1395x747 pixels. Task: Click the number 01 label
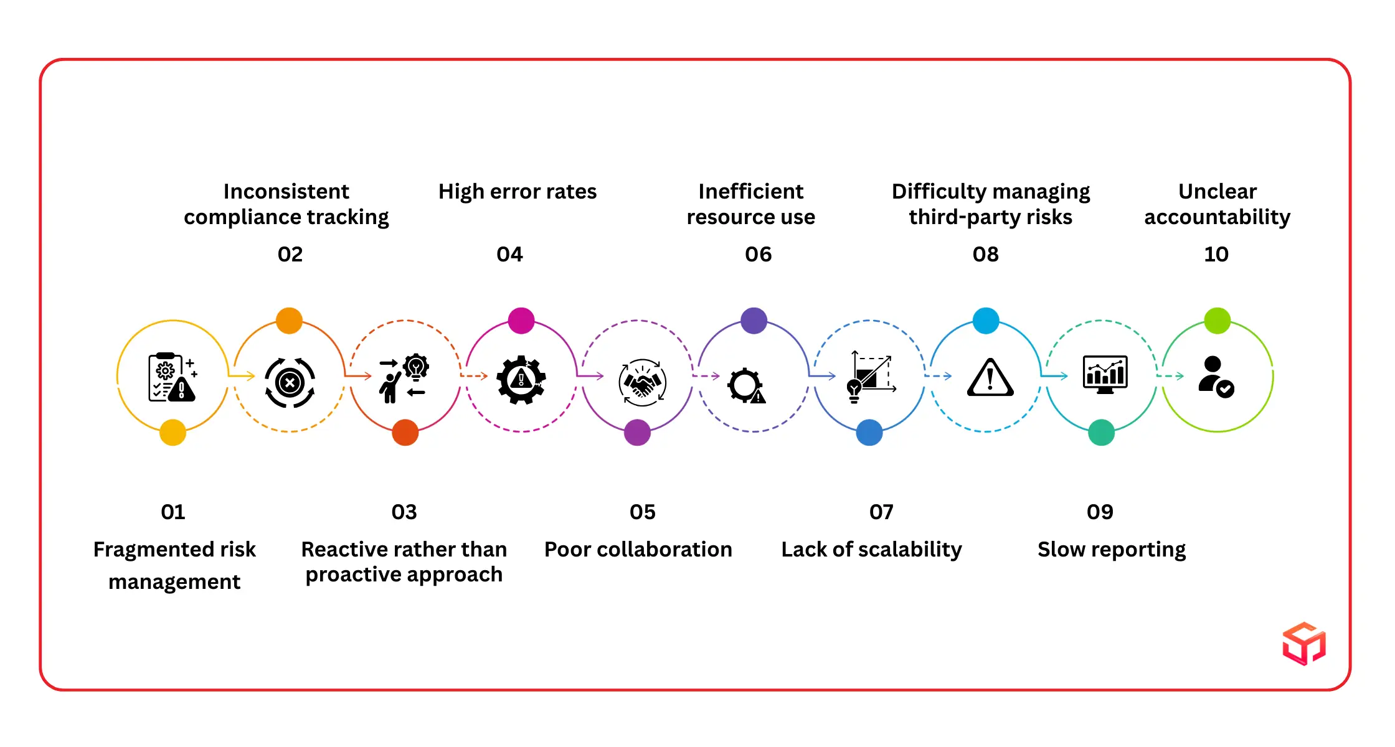[x=173, y=512]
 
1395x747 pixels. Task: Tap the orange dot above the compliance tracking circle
[x=289, y=321]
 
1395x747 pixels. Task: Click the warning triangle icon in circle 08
[x=990, y=378]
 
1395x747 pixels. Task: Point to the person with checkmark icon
[x=1215, y=377]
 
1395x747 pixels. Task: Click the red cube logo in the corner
[x=1303, y=643]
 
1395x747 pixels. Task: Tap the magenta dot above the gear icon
[x=521, y=321]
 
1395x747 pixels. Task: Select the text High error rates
[x=517, y=191]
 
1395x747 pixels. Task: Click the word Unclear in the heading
[x=1217, y=191]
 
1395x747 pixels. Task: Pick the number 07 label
[x=881, y=512]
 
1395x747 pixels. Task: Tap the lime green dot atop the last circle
[x=1217, y=321]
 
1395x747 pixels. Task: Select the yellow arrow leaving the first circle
[x=242, y=375]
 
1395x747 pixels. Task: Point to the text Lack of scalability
[x=871, y=549]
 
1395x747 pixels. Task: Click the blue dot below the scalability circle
[x=869, y=432]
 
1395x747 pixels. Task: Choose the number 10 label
[x=1216, y=254]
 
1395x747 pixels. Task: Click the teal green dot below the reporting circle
[x=1101, y=432]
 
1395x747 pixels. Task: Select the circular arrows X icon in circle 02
[x=290, y=382]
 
